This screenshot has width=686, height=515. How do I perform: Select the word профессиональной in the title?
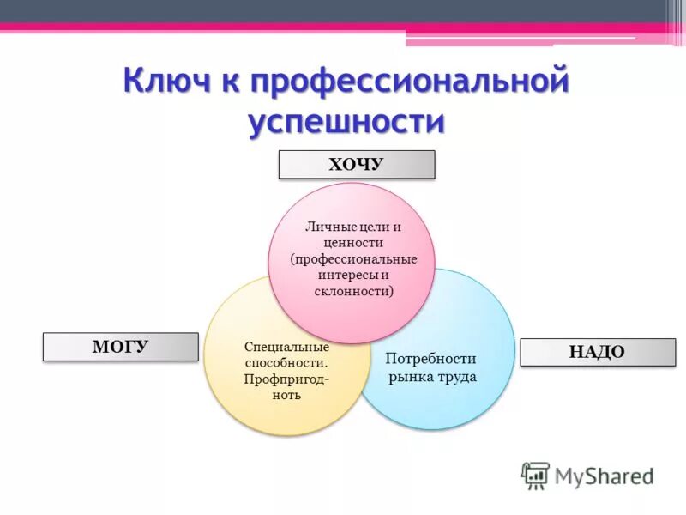(x=411, y=82)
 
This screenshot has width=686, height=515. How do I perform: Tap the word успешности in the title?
(x=346, y=123)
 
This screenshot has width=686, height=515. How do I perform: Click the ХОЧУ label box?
(x=356, y=164)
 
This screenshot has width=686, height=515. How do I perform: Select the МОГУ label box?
(x=120, y=347)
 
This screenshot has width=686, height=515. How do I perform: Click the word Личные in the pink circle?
(x=324, y=227)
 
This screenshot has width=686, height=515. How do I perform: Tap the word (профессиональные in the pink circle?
(x=353, y=258)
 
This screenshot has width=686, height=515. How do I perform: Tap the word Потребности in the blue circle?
(x=430, y=359)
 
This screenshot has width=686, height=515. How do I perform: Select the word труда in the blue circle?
(x=454, y=377)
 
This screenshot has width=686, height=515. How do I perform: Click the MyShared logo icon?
(x=535, y=475)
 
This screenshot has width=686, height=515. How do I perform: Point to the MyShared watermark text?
(x=604, y=476)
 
